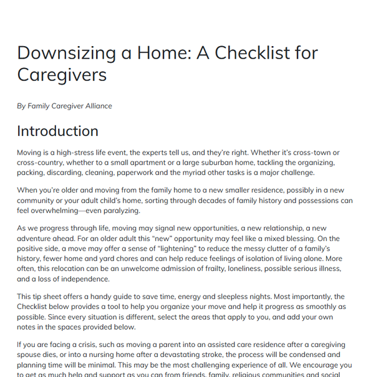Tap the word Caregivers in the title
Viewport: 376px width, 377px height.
point(62,75)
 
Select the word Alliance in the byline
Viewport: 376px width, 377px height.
point(96,106)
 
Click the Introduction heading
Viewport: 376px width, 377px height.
point(57,131)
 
